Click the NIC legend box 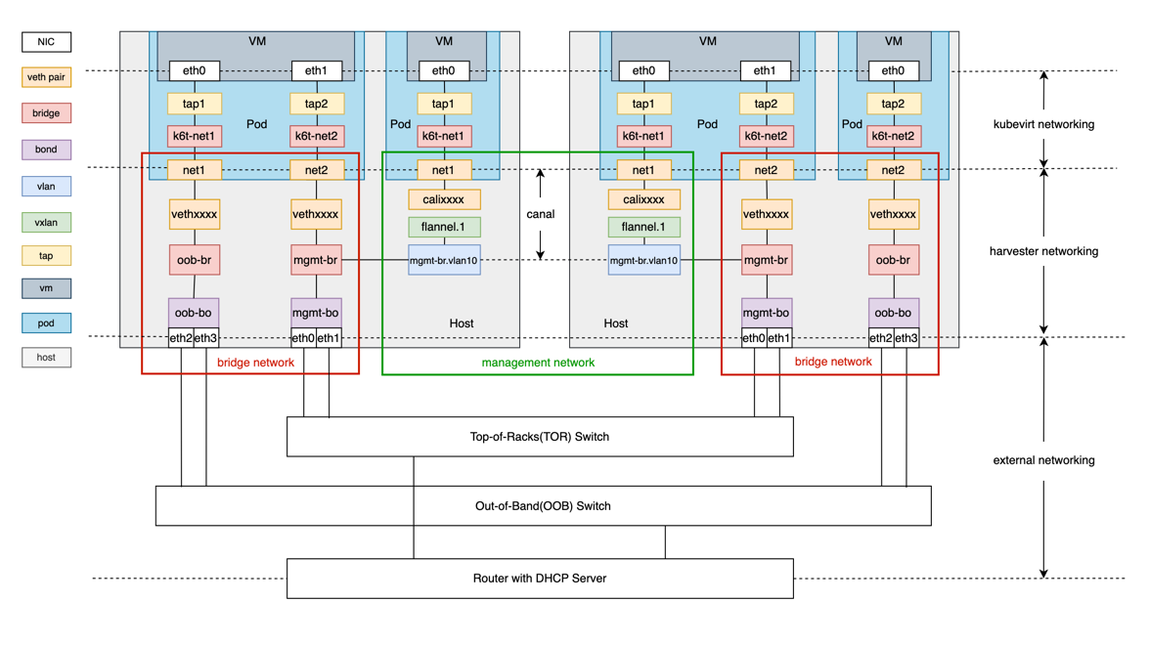coord(47,42)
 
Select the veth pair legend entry coord(47,77)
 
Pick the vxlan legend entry coord(47,222)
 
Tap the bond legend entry coord(47,150)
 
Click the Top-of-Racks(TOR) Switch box coord(540,437)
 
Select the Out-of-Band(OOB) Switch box coord(543,506)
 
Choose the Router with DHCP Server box coord(540,579)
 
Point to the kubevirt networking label coord(1043,124)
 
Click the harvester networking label coord(1043,251)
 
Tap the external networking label coord(1043,460)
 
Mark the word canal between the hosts coord(540,214)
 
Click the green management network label coord(538,363)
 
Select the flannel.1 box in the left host coord(444,228)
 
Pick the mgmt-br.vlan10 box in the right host coord(643,261)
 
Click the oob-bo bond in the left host coord(194,313)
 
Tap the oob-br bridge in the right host coord(893,261)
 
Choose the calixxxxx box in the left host coord(444,199)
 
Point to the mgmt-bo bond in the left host coord(316,313)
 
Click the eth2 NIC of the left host coord(181,338)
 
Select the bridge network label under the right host coord(833,362)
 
